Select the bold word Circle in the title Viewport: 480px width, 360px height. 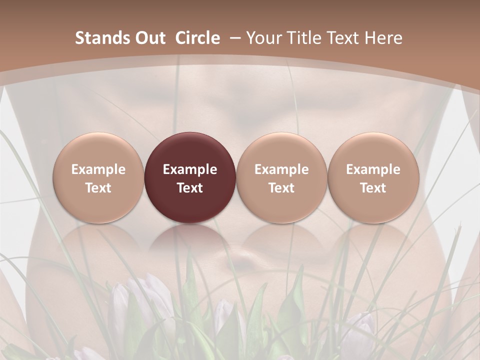pyautogui.click(x=197, y=38)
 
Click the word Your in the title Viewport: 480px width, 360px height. pyautogui.click(x=263, y=38)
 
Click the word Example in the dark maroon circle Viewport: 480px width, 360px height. pyautogui.click(x=190, y=169)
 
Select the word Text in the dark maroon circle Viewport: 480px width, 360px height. pyautogui.click(x=190, y=188)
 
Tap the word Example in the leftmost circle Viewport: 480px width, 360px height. pyautogui.click(x=98, y=169)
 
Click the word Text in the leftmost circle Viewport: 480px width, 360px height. pyautogui.click(x=98, y=188)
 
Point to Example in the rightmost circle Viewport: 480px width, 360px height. pyautogui.click(x=373, y=169)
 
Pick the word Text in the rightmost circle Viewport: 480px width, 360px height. pyautogui.click(x=373, y=188)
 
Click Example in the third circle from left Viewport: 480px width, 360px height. pyautogui.click(x=281, y=169)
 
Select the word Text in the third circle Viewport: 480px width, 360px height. pyautogui.click(x=281, y=188)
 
